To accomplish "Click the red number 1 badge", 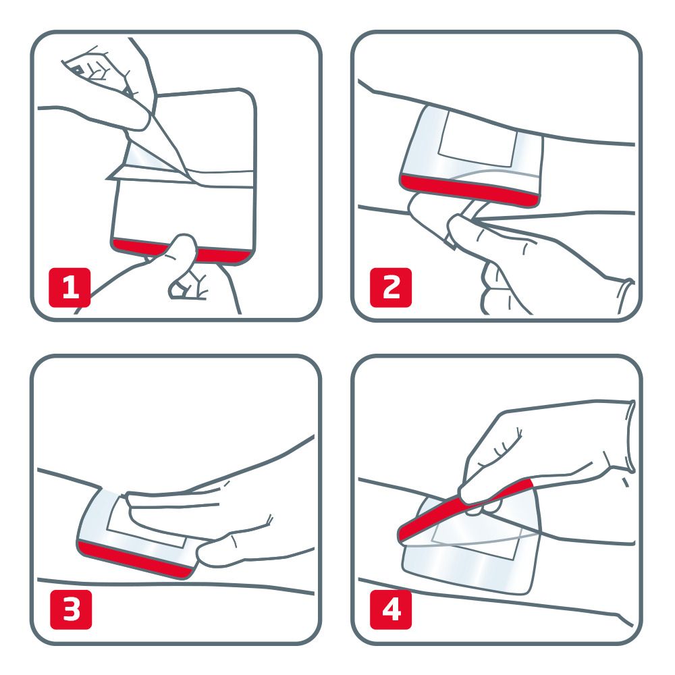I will [x=70, y=287].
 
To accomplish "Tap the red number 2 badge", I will [x=391, y=287].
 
